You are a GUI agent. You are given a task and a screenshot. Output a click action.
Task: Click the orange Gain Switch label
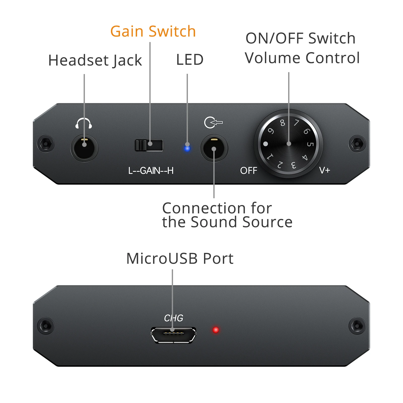[x=153, y=31]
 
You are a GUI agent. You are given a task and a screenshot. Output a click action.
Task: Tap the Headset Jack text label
[x=95, y=60]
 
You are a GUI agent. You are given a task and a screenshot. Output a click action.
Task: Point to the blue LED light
[x=187, y=148]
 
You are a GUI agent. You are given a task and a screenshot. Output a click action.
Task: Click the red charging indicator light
[x=216, y=330]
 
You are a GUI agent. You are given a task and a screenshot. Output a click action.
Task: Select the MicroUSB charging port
[x=173, y=335]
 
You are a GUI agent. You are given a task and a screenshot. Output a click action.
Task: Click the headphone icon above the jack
[x=84, y=123]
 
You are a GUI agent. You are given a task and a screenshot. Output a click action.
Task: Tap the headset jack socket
[x=84, y=149]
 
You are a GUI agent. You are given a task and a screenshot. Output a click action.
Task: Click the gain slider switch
[x=149, y=145]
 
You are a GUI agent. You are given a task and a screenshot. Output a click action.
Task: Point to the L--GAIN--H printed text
[x=151, y=171]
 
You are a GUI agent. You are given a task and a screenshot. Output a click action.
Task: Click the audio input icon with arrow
[x=213, y=123]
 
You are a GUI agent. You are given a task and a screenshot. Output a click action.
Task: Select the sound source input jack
[x=214, y=149]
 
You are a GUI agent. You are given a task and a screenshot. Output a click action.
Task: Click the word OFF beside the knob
[x=249, y=171]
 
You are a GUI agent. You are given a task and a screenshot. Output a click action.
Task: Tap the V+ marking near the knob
[x=324, y=171]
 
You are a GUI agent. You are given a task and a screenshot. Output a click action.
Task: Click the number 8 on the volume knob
[x=282, y=123]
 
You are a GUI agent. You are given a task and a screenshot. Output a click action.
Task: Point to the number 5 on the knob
[x=310, y=144]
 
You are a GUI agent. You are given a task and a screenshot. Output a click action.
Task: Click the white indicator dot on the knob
[x=265, y=144]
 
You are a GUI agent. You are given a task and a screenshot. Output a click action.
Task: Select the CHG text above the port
[x=174, y=318]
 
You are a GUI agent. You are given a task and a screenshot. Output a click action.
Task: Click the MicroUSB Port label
[x=180, y=259]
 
